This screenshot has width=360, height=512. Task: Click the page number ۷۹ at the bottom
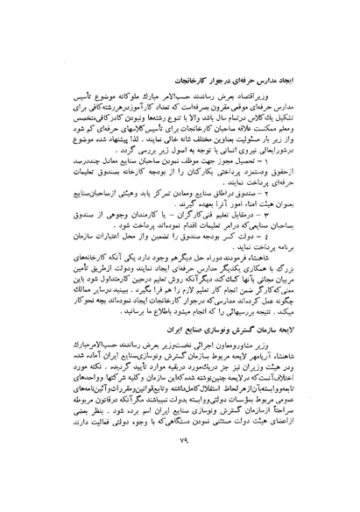pyautogui.click(x=180, y=465)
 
